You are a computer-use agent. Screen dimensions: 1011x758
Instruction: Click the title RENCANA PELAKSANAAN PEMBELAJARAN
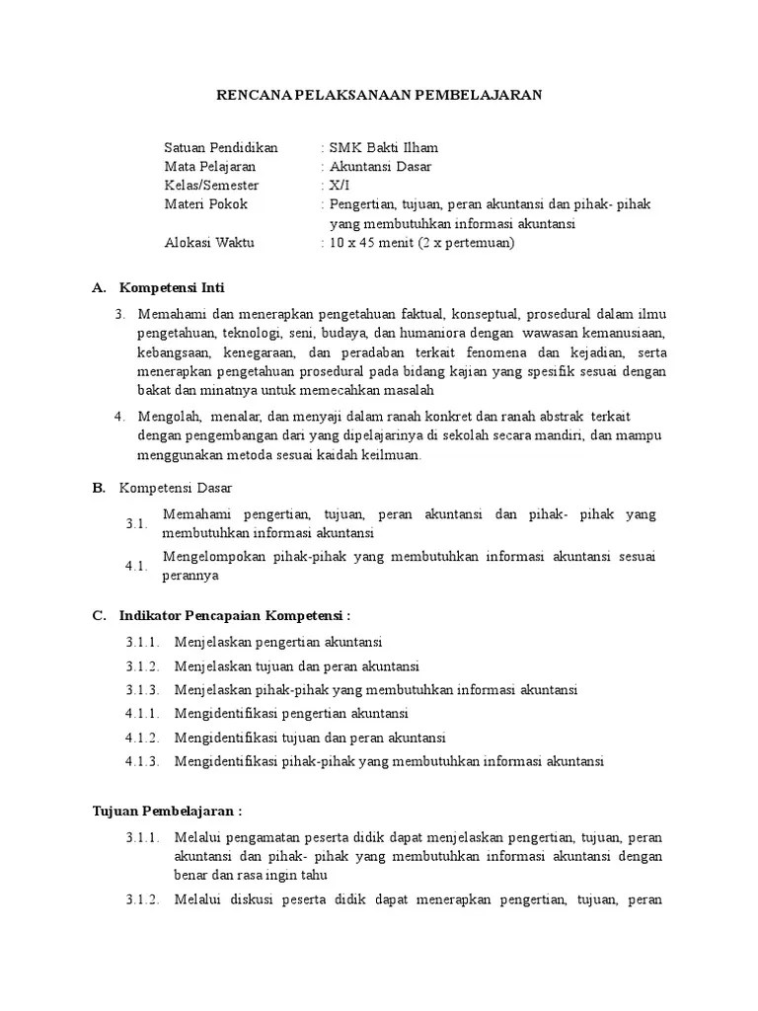(379, 95)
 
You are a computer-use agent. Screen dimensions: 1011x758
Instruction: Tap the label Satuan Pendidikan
(221, 147)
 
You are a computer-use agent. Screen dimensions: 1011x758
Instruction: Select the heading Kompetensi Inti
(172, 288)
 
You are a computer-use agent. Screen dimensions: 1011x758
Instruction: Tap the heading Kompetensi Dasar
(176, 488)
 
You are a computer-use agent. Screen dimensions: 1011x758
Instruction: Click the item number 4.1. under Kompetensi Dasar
(136, 565)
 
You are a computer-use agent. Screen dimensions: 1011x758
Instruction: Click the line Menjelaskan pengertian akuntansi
(277, 642)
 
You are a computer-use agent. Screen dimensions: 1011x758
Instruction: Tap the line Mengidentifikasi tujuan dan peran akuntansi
(310, 738)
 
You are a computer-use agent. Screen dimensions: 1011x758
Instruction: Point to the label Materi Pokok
(205, 204)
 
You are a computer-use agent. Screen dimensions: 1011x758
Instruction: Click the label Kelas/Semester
(211, 185)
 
